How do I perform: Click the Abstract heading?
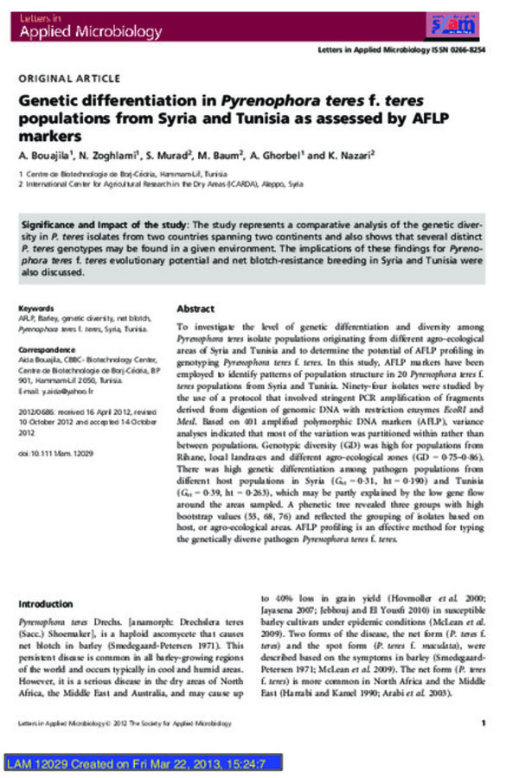pos(195,309)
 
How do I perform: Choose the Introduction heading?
pos(47,603)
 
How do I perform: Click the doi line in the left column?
pos(56,452)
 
